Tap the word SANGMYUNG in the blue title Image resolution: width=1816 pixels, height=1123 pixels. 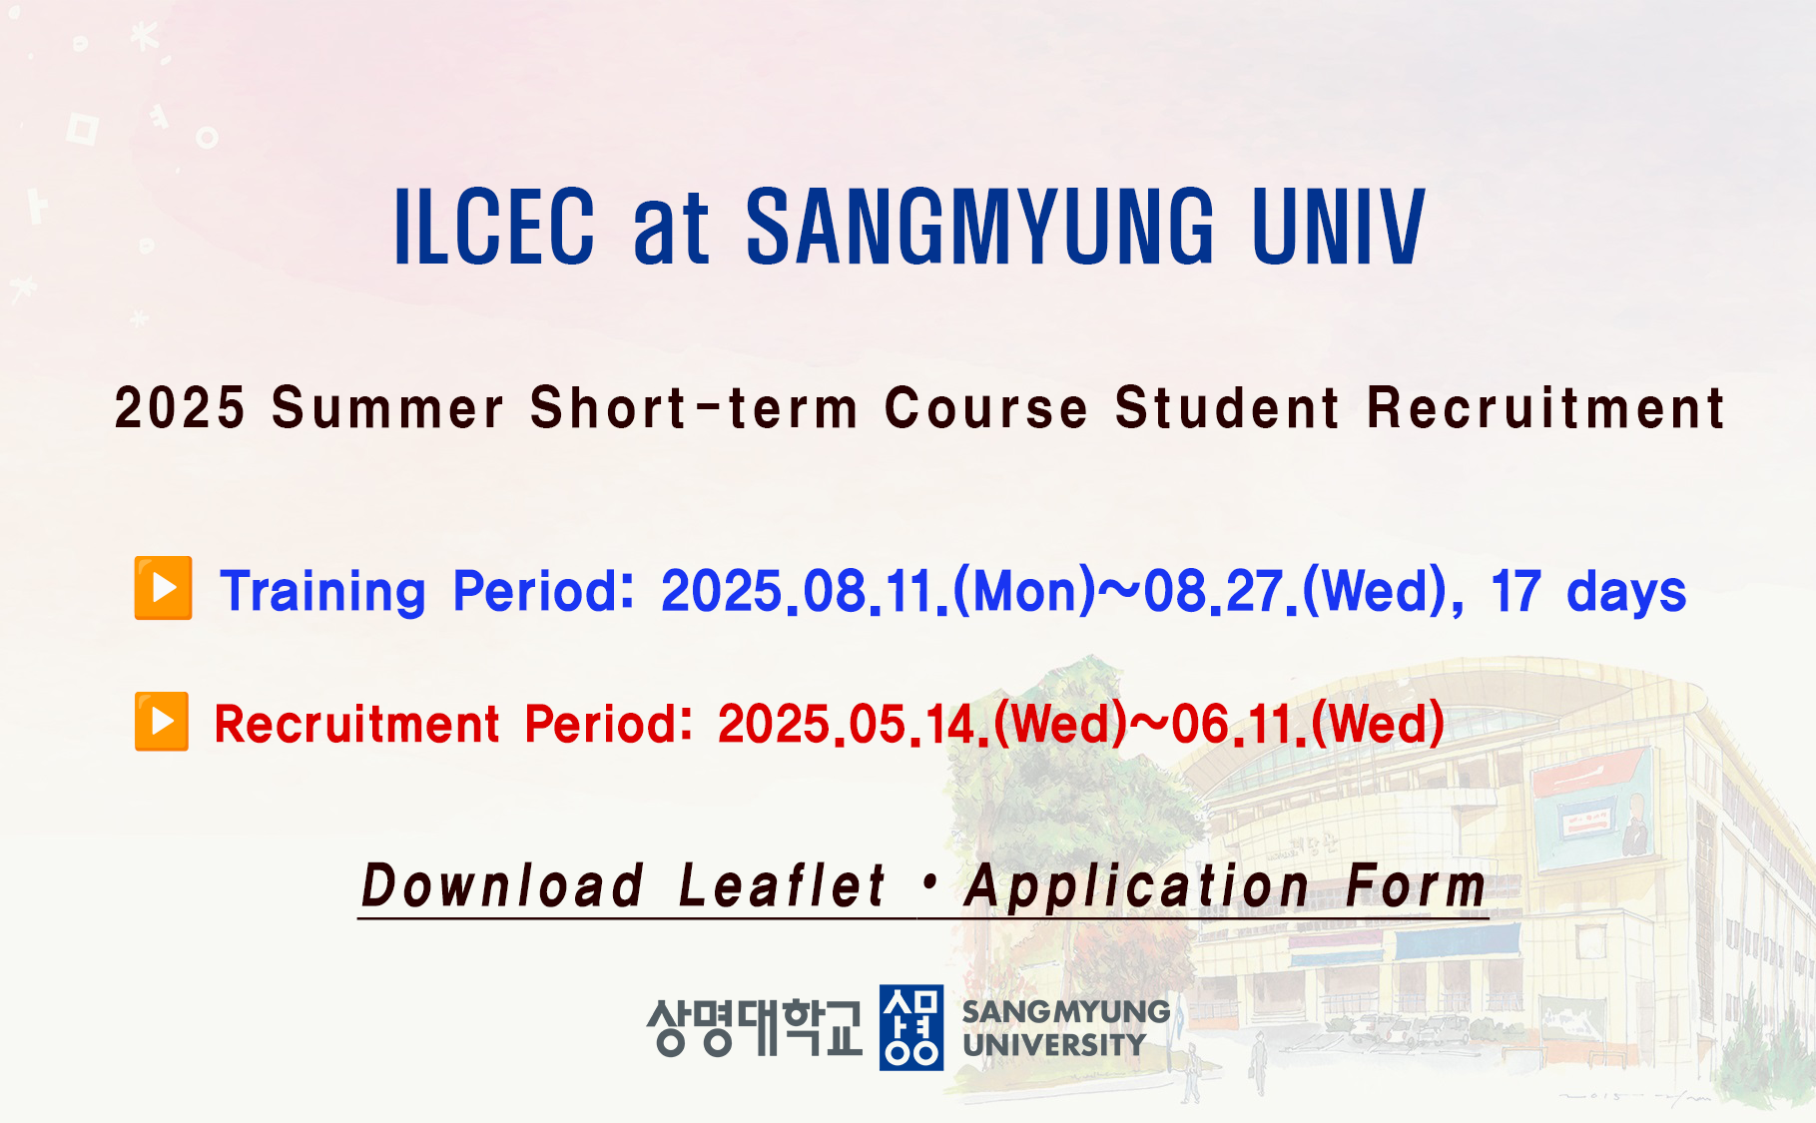(x=980, y=228)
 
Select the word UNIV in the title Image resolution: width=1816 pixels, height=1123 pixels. (x=1339, y=228)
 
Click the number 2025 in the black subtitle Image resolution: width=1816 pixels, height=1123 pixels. (x=180, y=408)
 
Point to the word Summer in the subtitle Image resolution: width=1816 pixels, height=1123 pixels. (x=388, y=408)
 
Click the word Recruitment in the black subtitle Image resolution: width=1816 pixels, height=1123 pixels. (x=1545, y=408)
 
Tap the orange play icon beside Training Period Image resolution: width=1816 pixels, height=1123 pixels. (x=163, y=588)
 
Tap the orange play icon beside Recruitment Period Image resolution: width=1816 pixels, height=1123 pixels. (x=162, y=721)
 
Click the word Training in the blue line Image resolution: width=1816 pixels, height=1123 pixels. (x=323, y=592)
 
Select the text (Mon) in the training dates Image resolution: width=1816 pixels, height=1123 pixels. (x=1024, y=591)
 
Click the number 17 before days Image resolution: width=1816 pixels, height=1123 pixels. (x=1515, y=592)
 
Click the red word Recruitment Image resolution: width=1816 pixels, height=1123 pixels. (x=356, y=724)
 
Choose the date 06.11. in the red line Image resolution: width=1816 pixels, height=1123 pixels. (x=1239, y=724)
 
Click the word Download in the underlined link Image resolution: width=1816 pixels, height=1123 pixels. (x=502, y=885)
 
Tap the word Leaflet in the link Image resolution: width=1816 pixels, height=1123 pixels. (x=782, y=885)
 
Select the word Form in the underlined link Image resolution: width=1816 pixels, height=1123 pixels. (x=1416, y=886)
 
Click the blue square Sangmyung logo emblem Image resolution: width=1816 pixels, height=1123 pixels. (x=910, y=1027)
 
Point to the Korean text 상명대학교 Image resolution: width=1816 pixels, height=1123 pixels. (x=754, y=1027)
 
